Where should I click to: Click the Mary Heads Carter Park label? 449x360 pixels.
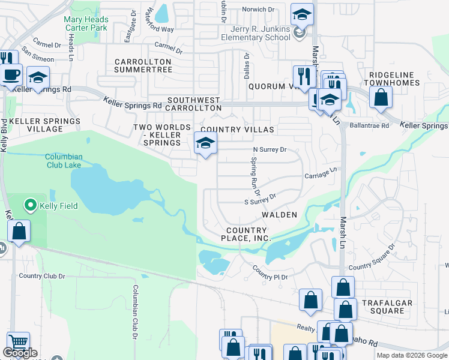click(x=86, y=23)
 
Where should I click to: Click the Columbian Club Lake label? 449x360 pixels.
click(x=72, y=161)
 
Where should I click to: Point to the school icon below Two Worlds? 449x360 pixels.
click(x=205, y=143)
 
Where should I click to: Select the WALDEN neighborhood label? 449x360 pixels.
click(x=279, y=215)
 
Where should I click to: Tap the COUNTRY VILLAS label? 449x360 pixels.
click(x=237, y=130)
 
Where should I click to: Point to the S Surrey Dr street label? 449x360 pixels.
click(x=259, y=199)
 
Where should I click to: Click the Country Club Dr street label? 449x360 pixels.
click(x=41, y=276)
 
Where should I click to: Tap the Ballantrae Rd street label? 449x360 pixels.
click(x=373, y=125)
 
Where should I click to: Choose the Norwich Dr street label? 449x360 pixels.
click(x=258, y=9)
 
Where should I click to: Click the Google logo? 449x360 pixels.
click(x=20, y=353)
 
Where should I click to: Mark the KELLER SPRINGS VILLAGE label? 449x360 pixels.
click(x=45, y=125)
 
